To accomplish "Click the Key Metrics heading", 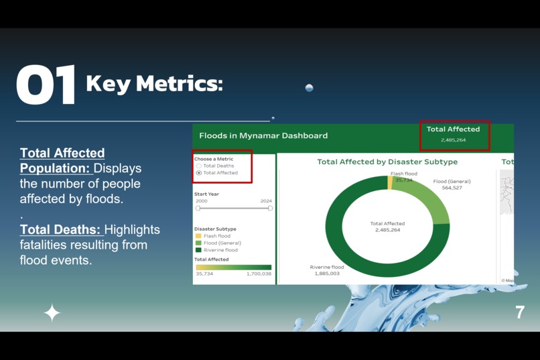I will pyautogui.click(x=154, y=84).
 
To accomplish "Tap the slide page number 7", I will pyautogui.click(x=519, y=312).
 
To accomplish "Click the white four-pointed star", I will pyautogui.click(x=52, y=312).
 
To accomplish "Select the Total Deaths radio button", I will pyautogui.click(x=199, y=166).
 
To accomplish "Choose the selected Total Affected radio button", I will pyautogui.click(x=199, y=173).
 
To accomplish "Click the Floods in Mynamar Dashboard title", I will pyautogui.click(x=263, y=135).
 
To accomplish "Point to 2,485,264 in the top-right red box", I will pyautogui.click(x=454, y=140).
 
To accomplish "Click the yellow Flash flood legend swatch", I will pyautogui.click(x=198, y=236).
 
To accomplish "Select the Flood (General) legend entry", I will pyautogui.click(x=222, y=243).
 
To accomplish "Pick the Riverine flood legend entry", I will pyautogui.click(x=220, y=250).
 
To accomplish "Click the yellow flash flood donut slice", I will pyautogui.click(x=390, y=183).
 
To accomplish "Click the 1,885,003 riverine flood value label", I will pyautogui.click(x=325, y=274).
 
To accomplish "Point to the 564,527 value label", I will pyautogui.click(x=452, y=188).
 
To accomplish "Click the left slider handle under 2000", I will pyautogui.click(x=198, y=208).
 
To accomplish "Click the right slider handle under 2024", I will pyautogui.click(x=270, y=208).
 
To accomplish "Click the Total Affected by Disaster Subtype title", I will pyautogui.click(x=387, y=162).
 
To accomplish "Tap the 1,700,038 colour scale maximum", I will pyautogui.click(x=259, y=274).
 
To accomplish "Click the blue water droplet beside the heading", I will pyautogui.click(x=309, y=88).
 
